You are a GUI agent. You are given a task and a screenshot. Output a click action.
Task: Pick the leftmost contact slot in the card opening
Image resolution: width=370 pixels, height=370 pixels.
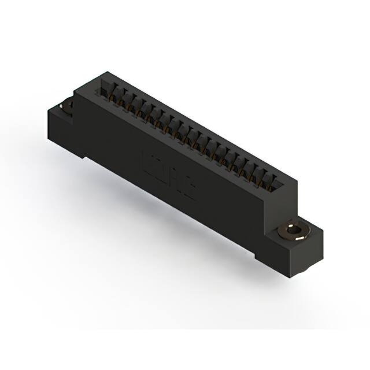[x=106, y=87]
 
